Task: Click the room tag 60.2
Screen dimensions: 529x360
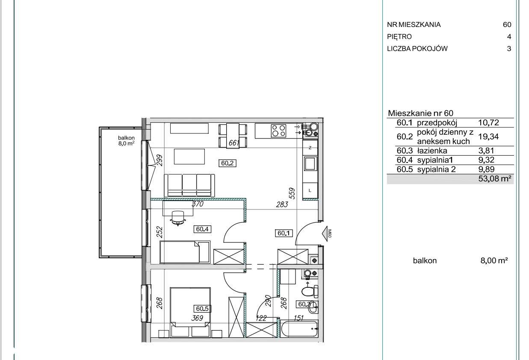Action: [x=228, y=163]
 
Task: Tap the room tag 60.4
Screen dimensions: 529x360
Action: [x=202, y=229]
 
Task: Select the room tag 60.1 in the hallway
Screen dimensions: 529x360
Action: [x=284, y=233]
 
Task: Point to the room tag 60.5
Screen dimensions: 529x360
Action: [x=202, y=309]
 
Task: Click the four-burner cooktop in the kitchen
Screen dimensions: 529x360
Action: [x=279, y=131]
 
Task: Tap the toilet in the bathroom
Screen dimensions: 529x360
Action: [x=310, y=292]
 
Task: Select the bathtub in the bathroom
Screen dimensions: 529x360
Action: [x=299, y=329]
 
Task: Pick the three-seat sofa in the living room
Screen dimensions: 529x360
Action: [x=189, y=186]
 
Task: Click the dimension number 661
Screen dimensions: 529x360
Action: [x=234, y=143]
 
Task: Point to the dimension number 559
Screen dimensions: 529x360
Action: [x=292, y=193]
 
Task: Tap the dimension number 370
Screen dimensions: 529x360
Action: [x=198, y=204]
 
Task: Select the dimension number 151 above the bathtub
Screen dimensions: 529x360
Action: [x=298, y=318]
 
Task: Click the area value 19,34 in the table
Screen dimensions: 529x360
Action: [x=488, y=136]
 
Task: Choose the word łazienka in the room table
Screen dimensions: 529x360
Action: [x=432, y=150]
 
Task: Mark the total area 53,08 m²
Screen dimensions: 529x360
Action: [x=495, y=179]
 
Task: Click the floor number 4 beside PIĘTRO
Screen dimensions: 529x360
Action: [x=509, y=37]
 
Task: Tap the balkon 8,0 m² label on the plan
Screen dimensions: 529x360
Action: [x=126, y=141]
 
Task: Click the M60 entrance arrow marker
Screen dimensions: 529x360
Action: [x=326, y=234]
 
